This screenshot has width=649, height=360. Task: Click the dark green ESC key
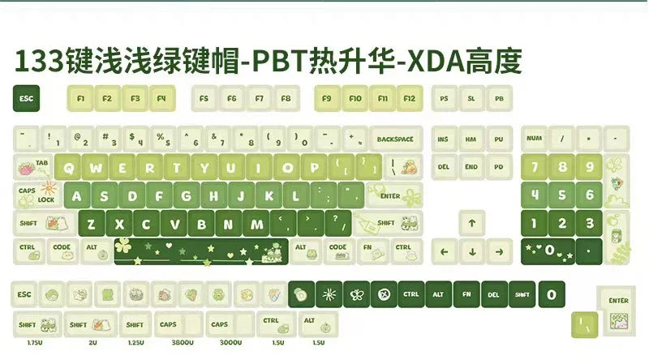[27, 99]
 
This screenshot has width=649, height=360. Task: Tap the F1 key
[80, 99]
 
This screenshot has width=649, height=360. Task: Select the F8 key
[286, 99]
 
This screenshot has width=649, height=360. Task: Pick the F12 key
[410, 99]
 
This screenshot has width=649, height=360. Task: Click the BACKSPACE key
[395, 139]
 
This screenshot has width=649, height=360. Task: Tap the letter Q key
[71, 169]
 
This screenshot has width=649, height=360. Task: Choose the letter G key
[186, 196]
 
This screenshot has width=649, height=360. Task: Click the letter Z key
[91, 225]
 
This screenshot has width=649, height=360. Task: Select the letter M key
[256, 225]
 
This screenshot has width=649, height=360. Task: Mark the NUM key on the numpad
[535, 139]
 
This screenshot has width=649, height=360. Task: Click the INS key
[444, 139]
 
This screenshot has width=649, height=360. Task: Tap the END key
[471, 168]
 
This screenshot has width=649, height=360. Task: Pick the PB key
[499, 99]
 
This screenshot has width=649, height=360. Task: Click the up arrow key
[471, 223]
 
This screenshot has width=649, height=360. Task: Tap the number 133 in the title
[41, 62]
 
